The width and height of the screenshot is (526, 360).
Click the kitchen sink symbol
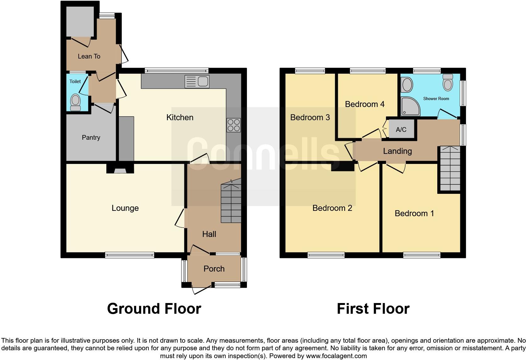(x=197, y=82)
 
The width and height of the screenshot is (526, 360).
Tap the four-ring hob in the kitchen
(x=233, y=125)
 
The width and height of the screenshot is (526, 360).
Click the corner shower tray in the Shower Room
(x=410, y=106)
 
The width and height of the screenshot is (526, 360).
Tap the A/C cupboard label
(x=401, y=129)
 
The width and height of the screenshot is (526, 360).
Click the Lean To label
(x=89, y=56)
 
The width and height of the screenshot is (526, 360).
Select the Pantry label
(x=91, y=138)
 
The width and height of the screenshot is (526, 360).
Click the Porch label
(x=214, y=269)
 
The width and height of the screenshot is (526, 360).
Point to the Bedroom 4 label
(x=365, y=104)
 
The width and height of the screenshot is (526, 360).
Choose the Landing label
(x=397, y=151)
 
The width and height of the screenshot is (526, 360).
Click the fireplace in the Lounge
(x=120, y=170)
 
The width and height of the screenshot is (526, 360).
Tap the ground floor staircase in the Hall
(x=231, y=203)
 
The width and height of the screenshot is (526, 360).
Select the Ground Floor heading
(x=154, y=309)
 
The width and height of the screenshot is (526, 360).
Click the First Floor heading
(x=373, y=309)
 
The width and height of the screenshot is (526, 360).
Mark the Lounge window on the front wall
(x=130, y=255)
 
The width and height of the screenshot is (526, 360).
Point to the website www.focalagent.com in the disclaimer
(x=336, y=356)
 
